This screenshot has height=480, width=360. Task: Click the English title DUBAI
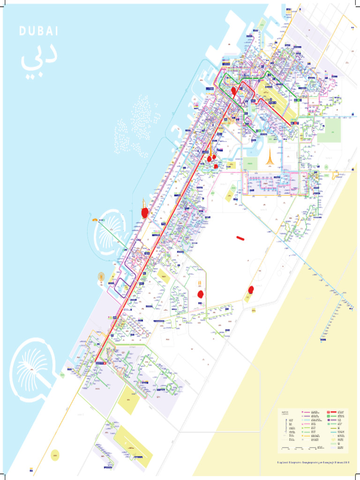[x=38, y=31]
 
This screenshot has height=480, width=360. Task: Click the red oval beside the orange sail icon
[x=145, y=213]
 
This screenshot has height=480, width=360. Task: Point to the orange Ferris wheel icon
[x=101, y=277]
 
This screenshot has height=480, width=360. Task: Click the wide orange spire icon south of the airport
[x=270, y=158]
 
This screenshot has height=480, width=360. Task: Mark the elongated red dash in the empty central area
[x=241, y=238]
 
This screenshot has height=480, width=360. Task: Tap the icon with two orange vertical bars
[x=200, y=283]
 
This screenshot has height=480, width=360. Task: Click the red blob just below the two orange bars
[x=201, y=294]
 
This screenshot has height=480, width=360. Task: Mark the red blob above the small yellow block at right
[x=251, y=289]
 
